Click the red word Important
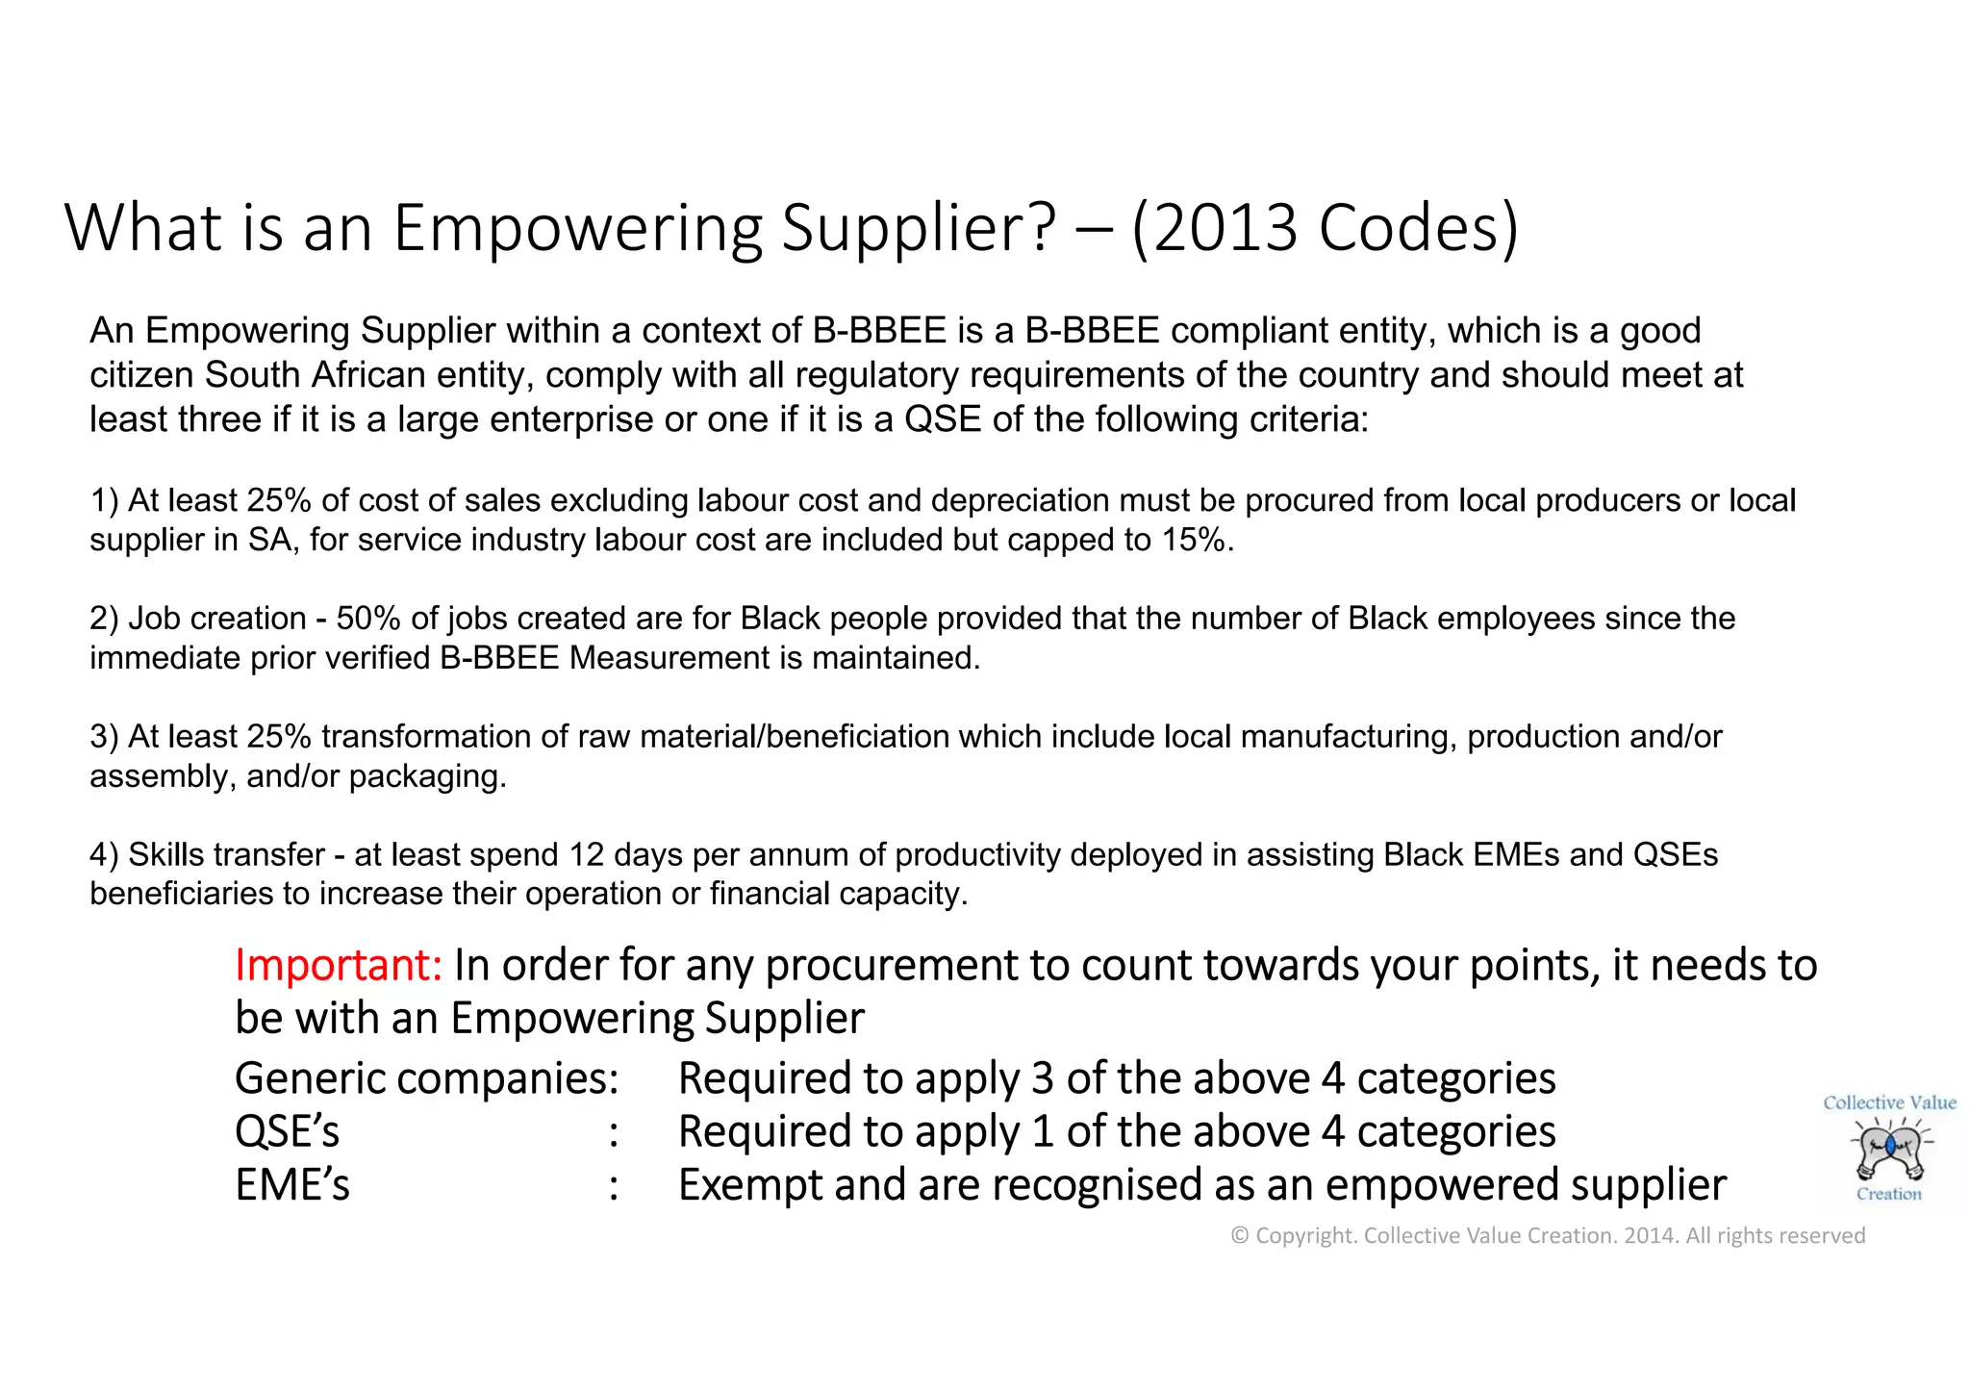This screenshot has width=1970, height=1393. [338, 965]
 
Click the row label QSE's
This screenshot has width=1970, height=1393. [287, 1131]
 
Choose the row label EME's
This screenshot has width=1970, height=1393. [291, 1184]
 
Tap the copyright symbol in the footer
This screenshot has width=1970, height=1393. [1239, 1235]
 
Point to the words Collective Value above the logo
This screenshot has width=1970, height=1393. [1889, 1102]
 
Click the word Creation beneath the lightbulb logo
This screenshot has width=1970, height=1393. [1888, 1194]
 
